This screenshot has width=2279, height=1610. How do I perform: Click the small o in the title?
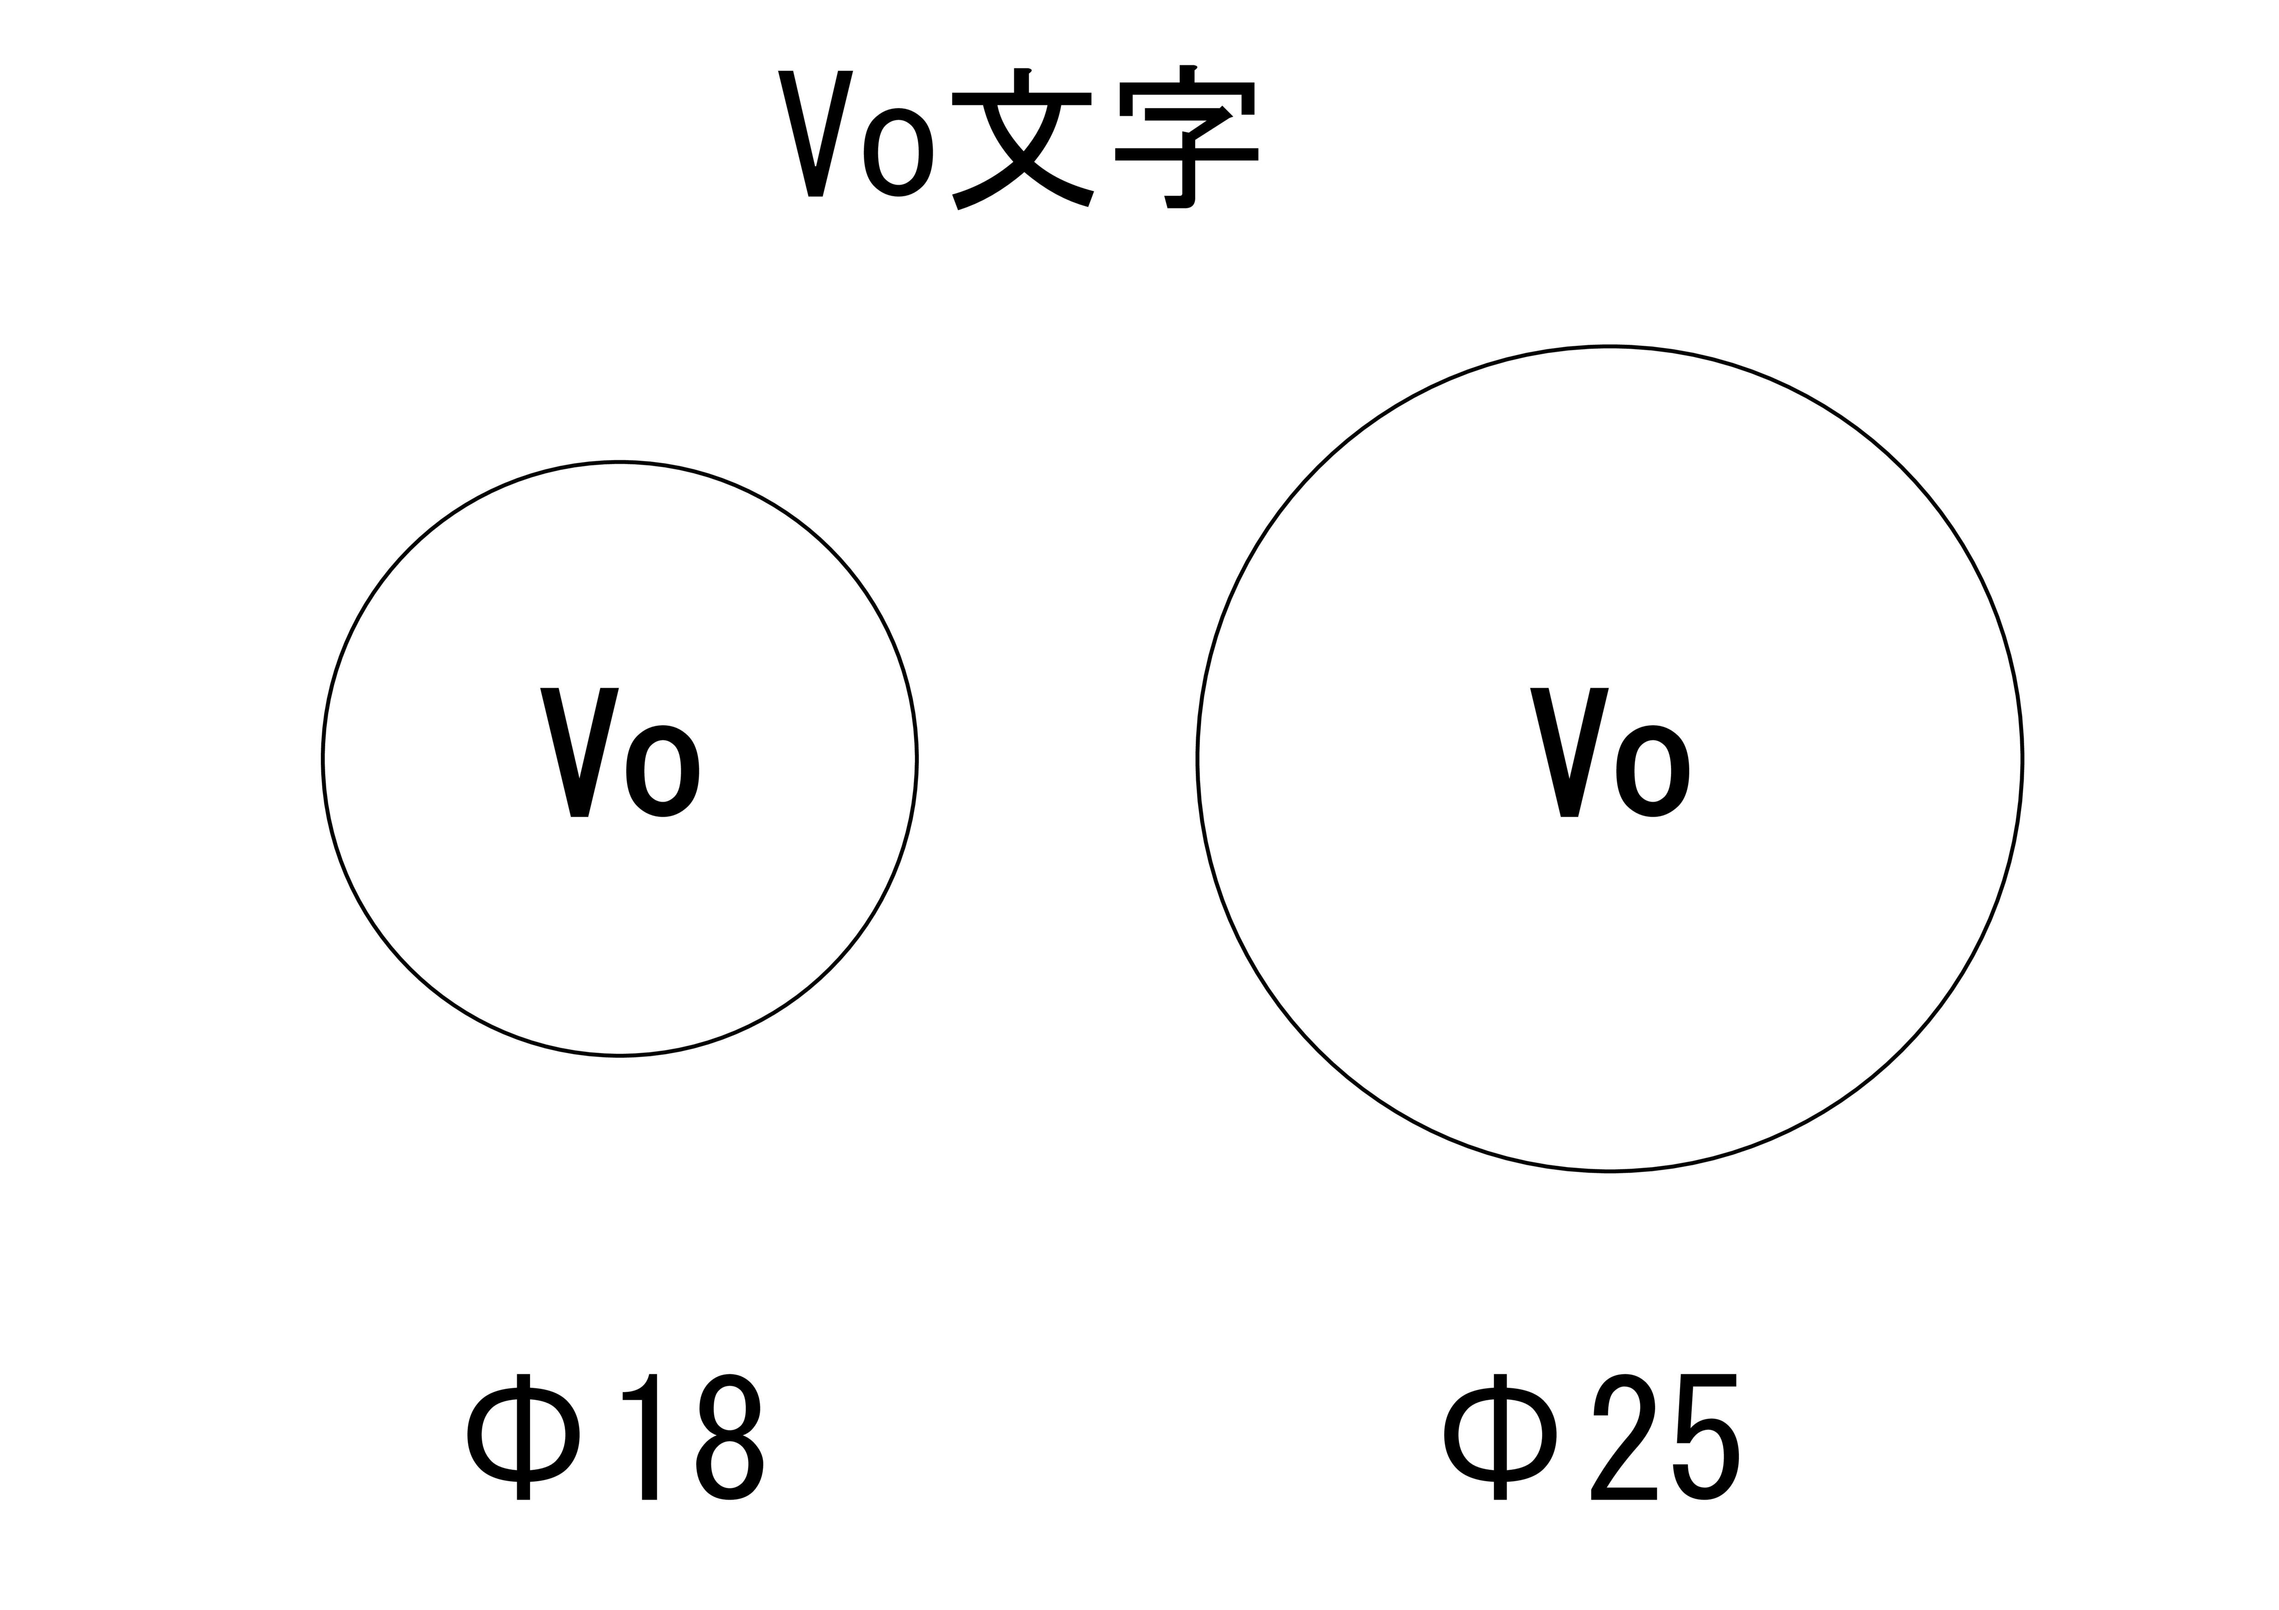[898, 153]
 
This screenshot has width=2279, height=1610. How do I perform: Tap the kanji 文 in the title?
[1022, 139]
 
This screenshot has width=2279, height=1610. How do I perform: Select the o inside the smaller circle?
[662, 771]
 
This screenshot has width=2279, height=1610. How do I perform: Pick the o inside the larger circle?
[1653, 771]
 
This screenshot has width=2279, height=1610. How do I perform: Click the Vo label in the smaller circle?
[619, 752]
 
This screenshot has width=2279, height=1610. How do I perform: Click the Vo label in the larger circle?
[1609, 752]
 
